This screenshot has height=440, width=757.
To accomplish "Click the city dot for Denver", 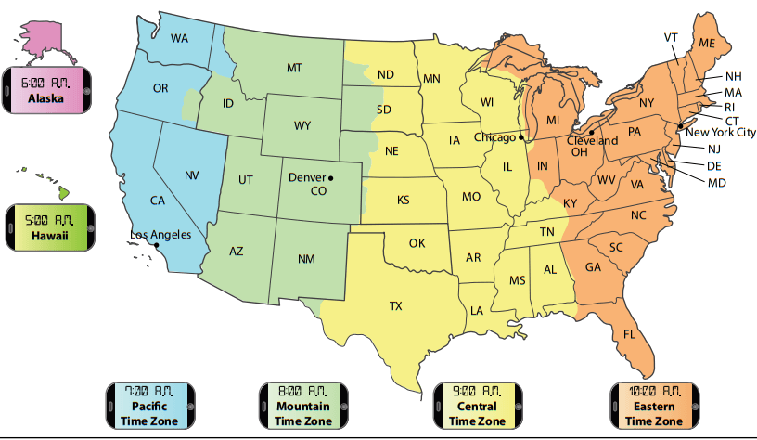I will click(x=330, y=177).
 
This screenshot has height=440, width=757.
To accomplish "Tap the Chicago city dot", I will click(x=521, y=137).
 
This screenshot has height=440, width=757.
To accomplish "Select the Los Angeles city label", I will click(x=160, y=235).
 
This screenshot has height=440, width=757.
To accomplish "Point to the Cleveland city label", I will click(x=593, y=141).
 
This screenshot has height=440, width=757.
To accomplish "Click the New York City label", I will click(x=721, y=132).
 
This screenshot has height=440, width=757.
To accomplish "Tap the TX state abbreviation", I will click(x=396, y=305).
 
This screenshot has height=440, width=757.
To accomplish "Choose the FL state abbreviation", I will click(x=630, y=334).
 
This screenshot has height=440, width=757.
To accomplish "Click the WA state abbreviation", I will click(x=180, y=39).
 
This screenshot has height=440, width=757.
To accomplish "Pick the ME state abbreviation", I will click(x=707, y=44).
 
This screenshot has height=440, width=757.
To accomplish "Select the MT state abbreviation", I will click(x=294, y=68).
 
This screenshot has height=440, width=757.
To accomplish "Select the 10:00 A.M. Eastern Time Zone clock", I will click(x=654, y=405).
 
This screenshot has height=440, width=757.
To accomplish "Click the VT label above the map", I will click(x=671, y=37).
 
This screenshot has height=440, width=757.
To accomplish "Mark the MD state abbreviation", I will click(x=716, y=183).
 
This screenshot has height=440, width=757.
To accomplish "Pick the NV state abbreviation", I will click(x=192, y=175).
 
